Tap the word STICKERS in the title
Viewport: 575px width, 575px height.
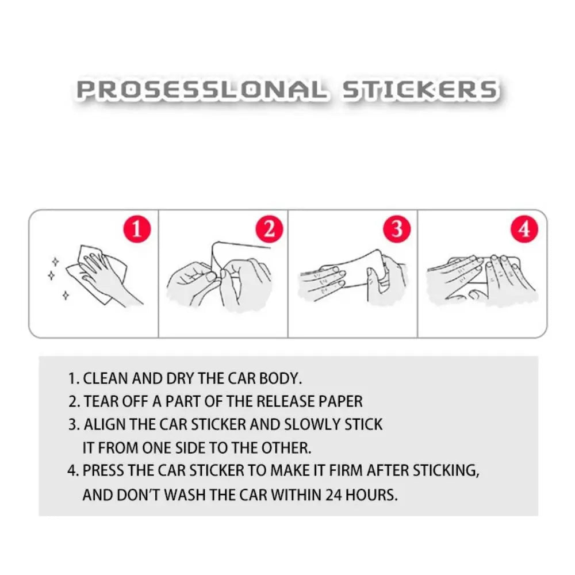(420, 91)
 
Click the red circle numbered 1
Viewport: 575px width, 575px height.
(137, 230)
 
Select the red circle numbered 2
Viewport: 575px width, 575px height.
(269, 230)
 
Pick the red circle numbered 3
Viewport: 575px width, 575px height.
(397, 230)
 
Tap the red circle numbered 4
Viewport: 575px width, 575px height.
(524, 230)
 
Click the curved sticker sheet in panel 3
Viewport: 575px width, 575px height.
(351, 267)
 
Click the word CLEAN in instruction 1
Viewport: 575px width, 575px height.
(105, 379)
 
